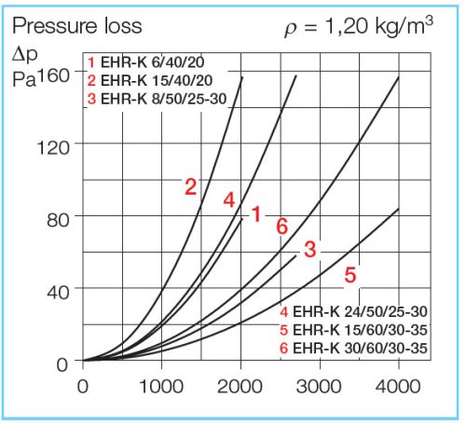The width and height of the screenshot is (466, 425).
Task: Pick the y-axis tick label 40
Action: pos(57,290)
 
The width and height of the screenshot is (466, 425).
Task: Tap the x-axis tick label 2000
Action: pos(241,385)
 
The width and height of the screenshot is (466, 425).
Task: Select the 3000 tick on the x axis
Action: pos(320,385)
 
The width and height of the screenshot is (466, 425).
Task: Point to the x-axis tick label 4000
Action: pos(399,385)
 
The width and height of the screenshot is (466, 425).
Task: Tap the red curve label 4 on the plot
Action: pos(229,200)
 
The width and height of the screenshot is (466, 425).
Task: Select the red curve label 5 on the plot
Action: pos(350,275)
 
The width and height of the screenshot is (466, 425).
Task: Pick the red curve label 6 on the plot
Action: pos(281,225)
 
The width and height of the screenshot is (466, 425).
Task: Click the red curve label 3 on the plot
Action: pos(310,249)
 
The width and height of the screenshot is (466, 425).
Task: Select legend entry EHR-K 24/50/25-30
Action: pos(352,311)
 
